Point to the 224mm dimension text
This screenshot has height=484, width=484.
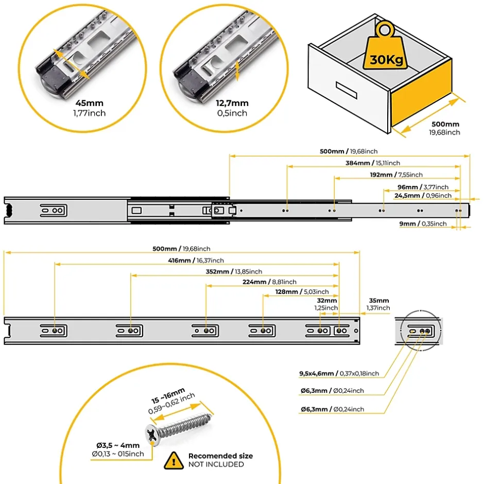tap(269, 282)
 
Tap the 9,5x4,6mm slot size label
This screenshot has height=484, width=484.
tap(339, 373)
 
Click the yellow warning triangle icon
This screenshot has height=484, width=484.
tap(174, 459)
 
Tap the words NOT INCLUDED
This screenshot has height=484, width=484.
tap(216, 464)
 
